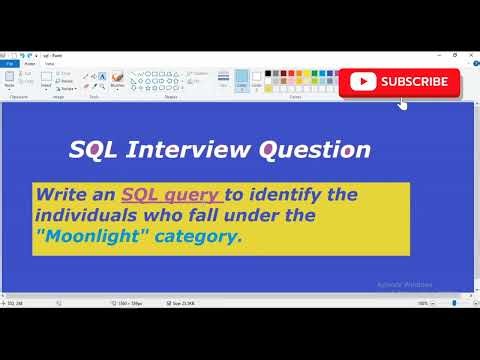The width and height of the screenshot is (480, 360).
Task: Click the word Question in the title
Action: pyautogui.click(x=315, y=150)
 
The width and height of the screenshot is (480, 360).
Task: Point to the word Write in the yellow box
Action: pyautogui.click(x=64, y=193)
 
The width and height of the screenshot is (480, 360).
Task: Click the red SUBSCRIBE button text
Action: pyautogui.click(x=414, y=82)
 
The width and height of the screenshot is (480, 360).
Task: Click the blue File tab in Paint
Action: pyautogui.click(x=9, y=63)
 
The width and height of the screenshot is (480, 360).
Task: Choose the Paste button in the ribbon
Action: pyautogui.click(x=9, y=78)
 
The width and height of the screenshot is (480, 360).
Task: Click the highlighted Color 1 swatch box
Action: pyautogui.click(x=241, y=79)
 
